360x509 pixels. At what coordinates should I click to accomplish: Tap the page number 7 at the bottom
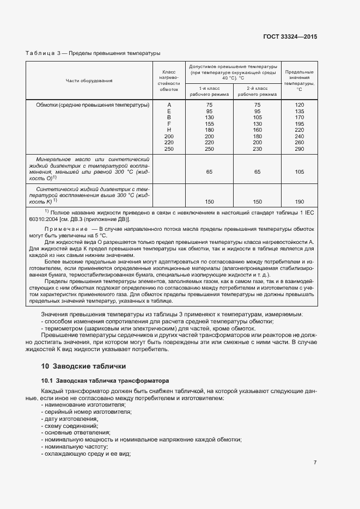(x=315, y=462)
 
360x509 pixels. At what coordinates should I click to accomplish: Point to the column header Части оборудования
(x=89, y=81)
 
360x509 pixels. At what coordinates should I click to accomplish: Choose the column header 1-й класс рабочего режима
(x=210, y=91)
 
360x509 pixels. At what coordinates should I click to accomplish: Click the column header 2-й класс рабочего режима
(x=257, y=91)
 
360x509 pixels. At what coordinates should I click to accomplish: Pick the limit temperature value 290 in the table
(x=299, y=149)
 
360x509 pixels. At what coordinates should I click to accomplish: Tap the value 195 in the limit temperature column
(x=299, y=124)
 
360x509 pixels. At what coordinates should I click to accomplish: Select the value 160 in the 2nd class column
(x=257, y=130)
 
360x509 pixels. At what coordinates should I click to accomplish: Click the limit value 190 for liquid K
(x=299, y=201)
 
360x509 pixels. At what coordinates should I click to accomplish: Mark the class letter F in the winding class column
(x=169, y=124)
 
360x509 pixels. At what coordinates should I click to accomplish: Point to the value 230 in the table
(x=257, y=149)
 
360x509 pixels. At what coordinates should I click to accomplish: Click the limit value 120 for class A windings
(x=299, y=105)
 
